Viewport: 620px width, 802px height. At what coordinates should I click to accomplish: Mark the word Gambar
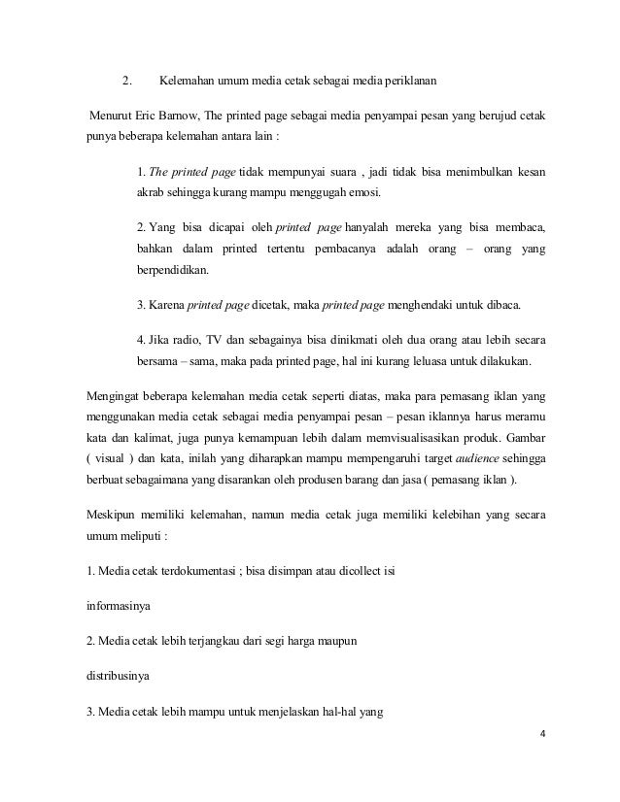[x=521, y=434]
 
